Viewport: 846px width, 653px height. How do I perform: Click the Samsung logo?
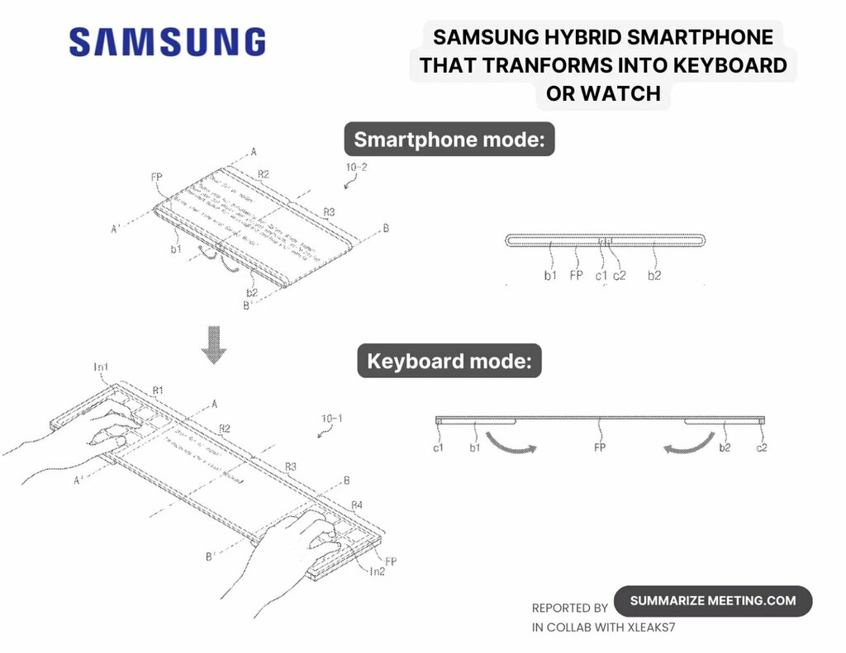click(x=167, y=42)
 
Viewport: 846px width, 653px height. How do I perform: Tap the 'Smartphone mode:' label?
click(x=449, y=140)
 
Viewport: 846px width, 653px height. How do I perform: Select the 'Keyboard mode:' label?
click(x=449, y=362)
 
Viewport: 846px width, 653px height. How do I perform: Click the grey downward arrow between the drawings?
click(x=214, y=344)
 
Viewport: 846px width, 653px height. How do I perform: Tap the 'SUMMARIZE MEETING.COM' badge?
click(x=713, y=601)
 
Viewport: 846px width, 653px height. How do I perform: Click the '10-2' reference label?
click(x=357, y=168)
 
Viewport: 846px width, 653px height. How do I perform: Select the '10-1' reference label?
click(x=330, y=419)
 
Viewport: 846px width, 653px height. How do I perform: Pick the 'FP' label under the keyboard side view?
click(x=601, y=447)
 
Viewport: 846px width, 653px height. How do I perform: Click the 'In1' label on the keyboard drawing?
click(x=102, y=367)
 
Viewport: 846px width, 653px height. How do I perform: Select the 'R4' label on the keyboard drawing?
click(x=357, y=504)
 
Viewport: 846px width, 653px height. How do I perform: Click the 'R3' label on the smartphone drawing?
click(x=329, y=212)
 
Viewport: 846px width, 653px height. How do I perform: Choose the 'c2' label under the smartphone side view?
click(x=620, y=276)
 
